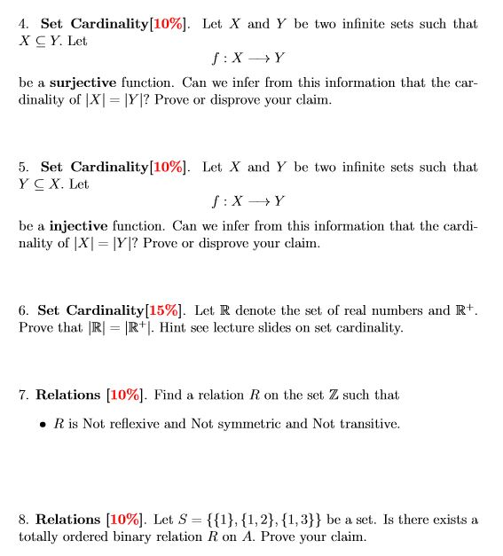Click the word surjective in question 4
coord(82,82)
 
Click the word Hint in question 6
coord(270,328)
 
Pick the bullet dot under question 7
coord(43,425)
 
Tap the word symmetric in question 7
coord(244,424)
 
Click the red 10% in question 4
coord(169,23)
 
